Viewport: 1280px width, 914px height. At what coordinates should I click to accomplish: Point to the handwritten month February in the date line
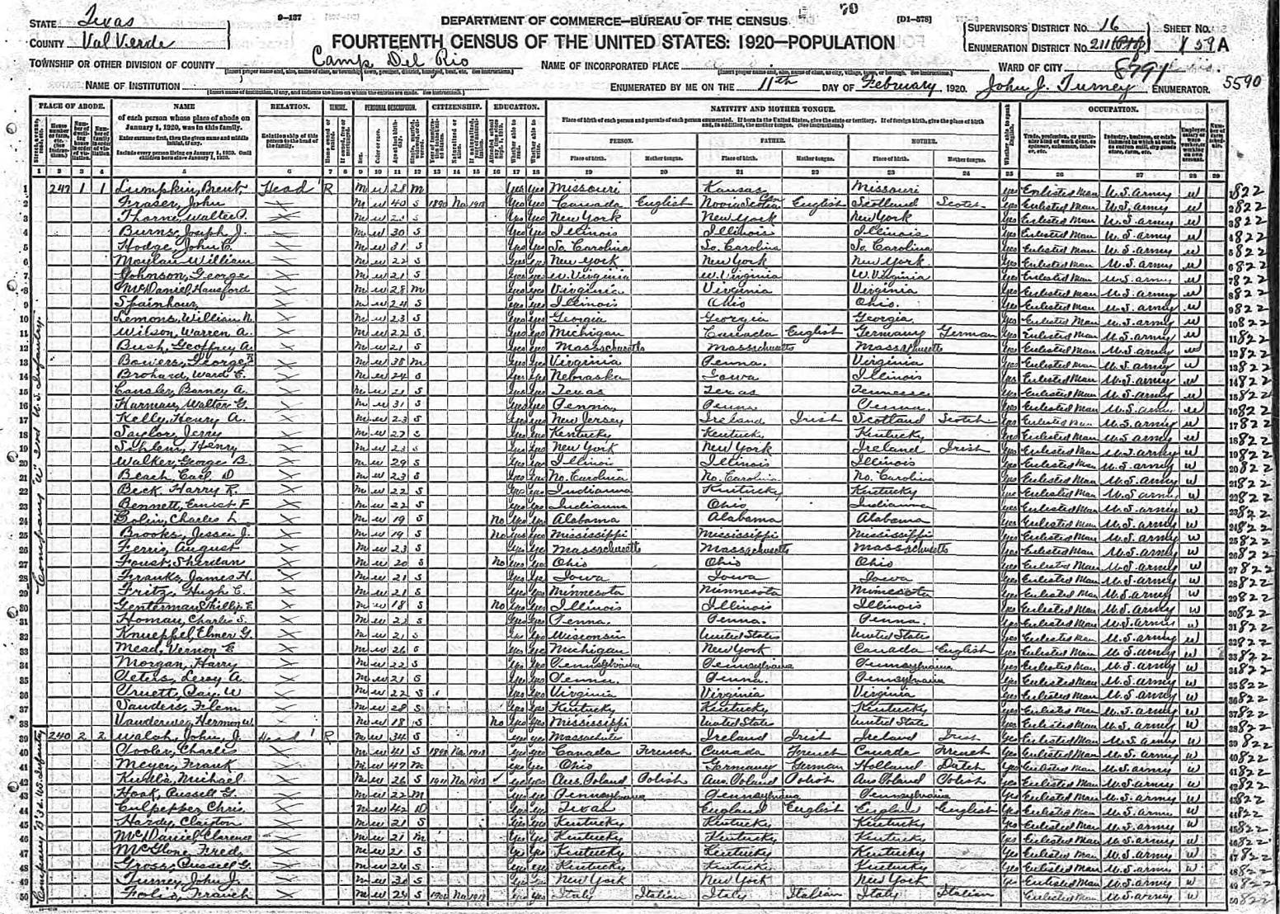(898, 85)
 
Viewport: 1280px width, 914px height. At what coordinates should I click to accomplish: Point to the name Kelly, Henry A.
(161, 421)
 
